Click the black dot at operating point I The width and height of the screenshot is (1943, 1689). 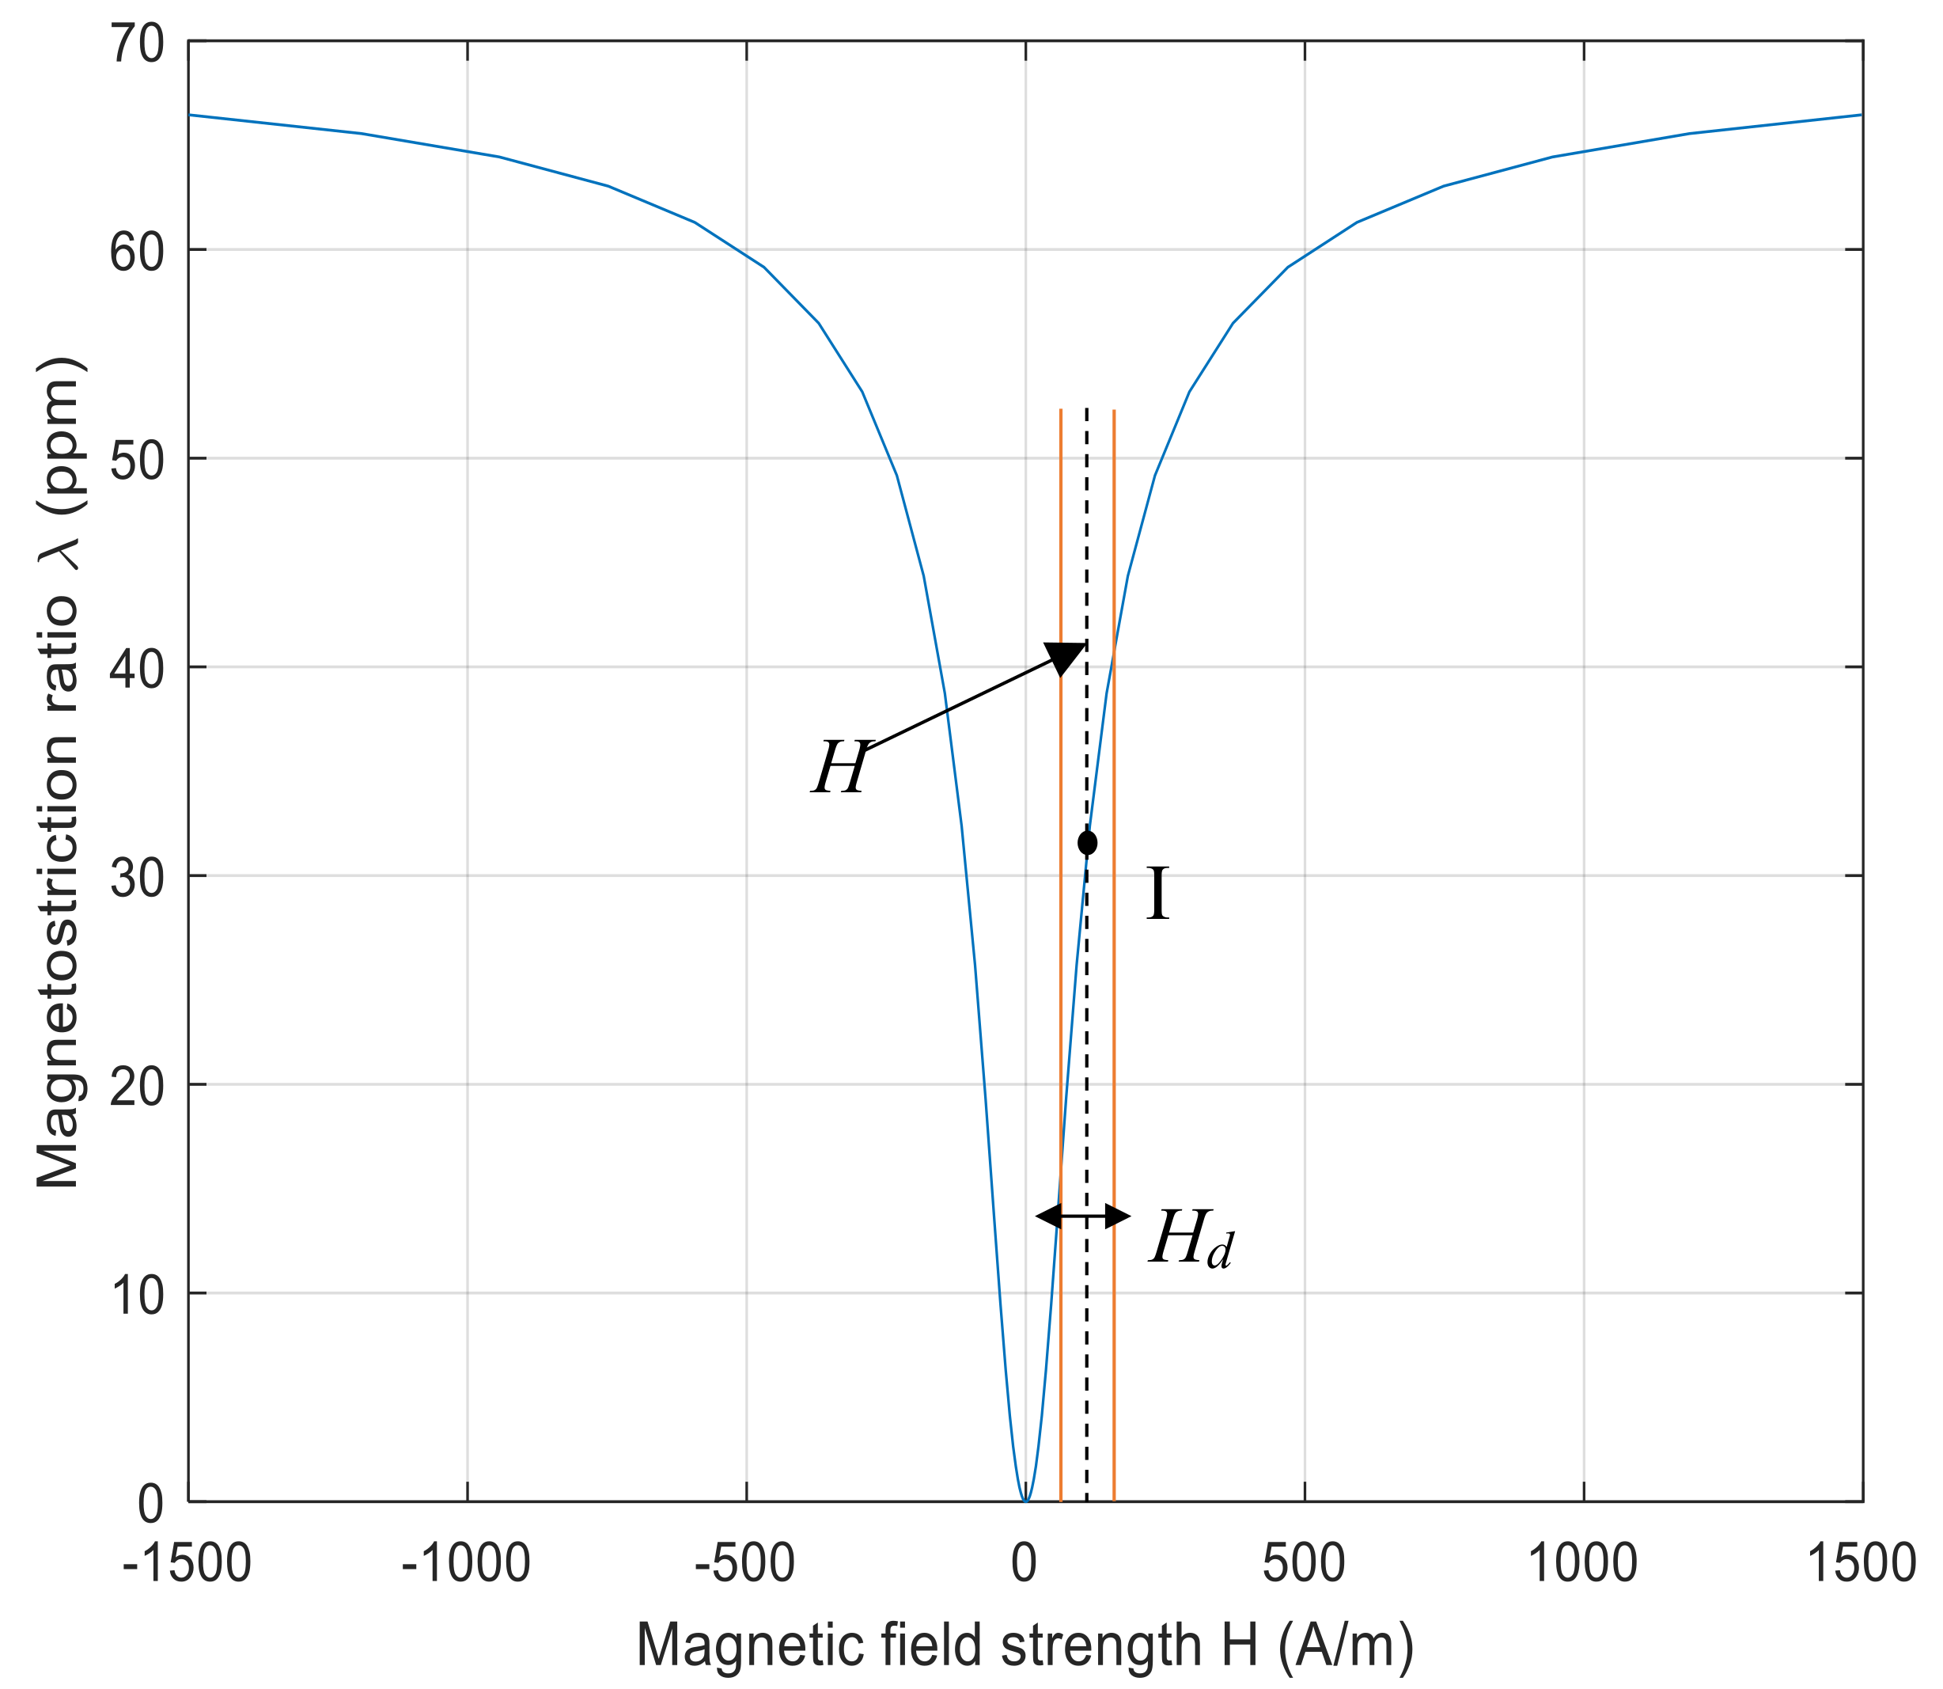(x=1088, y=841)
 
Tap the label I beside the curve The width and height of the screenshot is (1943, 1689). (x=1158, y=894)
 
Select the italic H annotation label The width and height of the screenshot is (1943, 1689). (x=839, y=769)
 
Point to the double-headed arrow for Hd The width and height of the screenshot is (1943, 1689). (x=1084, y=1216)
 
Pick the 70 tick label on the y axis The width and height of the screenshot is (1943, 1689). (x=138, y=44)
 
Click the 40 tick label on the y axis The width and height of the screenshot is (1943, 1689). (x=138, y=668)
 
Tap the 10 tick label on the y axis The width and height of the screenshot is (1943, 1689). (x=138, y=1294)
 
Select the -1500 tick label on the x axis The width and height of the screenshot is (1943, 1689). (x=187, y=1562)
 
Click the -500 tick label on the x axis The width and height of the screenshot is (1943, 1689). (x=745, y=1562)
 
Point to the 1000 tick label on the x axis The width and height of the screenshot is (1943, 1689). (x=1582, y=1562)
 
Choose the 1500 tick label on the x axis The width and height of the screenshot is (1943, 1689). (x=1861, y=1562)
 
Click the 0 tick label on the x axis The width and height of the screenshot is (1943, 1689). (x=1025, y=1562)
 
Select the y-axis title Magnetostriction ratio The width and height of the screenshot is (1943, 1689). (x=59, y=772)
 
